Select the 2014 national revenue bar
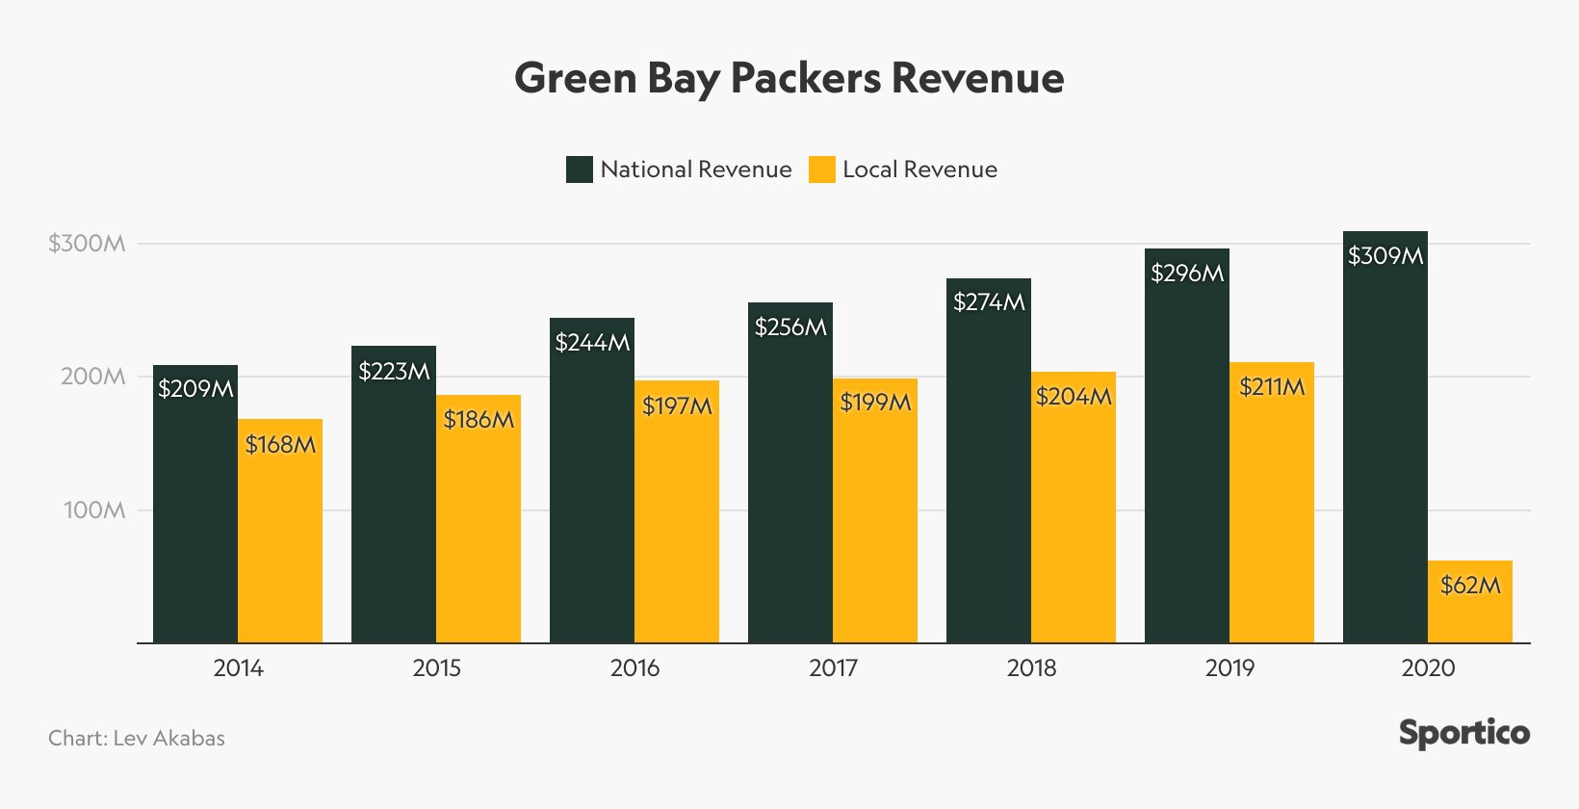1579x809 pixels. coord(195,510)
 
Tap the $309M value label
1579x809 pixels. coord(1385,256)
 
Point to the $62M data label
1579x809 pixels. coord(1470,585)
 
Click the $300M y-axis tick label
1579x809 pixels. coord(87,244)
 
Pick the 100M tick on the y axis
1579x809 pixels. coord(93,510)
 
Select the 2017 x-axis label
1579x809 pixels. coord(833,667)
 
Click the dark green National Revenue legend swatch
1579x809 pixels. coord(579,170)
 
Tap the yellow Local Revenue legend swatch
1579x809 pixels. coord(821,170)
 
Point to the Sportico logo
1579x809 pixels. coord(1463,734)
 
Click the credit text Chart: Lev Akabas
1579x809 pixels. coord(137,739)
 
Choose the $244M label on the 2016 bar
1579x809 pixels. coord(592,343)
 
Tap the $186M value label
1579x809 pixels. coord(479,420)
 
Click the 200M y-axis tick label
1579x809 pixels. coord(92,377)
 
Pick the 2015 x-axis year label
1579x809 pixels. coord(436,667)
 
